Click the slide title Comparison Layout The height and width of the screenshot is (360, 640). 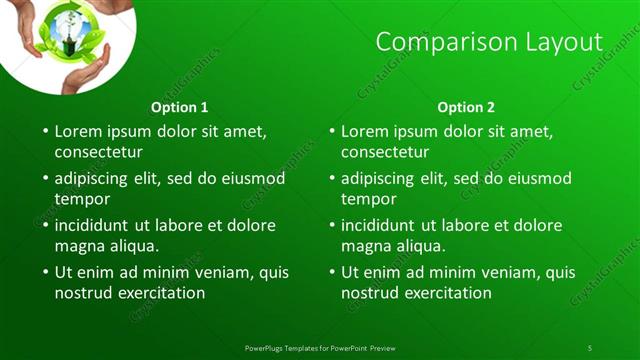(489, 42)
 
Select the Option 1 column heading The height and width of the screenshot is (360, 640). (180, 107)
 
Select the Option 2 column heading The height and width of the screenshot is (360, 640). (466, 107)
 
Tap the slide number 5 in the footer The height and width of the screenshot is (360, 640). (590, 347)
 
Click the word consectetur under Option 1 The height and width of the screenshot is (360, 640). (98, 153)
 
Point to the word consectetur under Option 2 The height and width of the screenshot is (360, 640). (385, 153)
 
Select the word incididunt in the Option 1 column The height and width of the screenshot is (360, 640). (97, 225)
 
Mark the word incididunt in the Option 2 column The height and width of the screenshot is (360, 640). (384, 225)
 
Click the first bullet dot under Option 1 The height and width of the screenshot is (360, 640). (44, 131)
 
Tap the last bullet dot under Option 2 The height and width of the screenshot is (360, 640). (331, 272)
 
